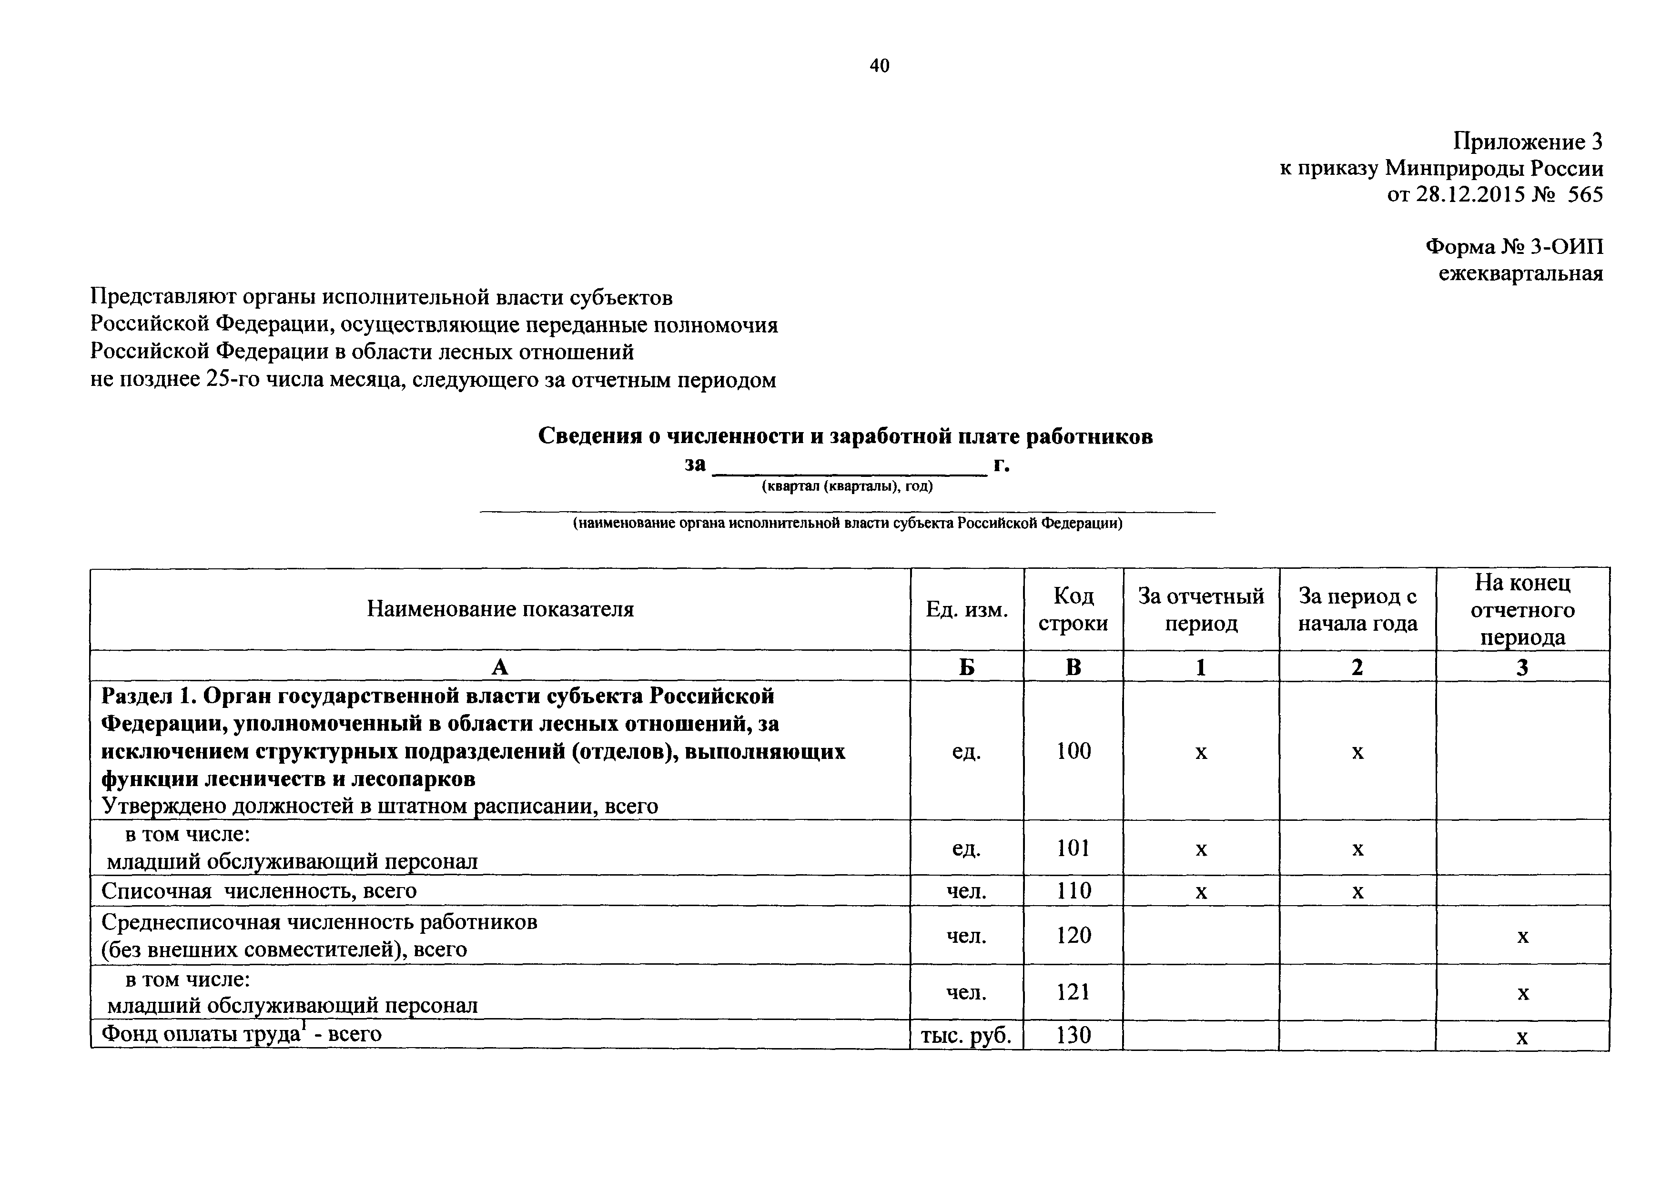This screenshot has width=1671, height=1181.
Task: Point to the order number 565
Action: (x=1585, y=195)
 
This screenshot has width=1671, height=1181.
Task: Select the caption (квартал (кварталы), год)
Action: (x=847, y=486)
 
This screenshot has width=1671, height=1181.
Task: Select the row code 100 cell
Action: (x=1073, y=751)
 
